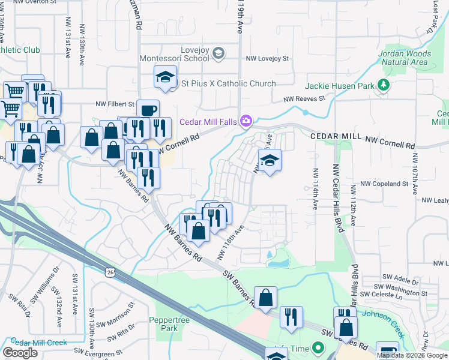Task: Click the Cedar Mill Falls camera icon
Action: point(246,121)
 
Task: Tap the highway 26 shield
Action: point(109,272)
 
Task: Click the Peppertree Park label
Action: point(164,324)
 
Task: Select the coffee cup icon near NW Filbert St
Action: point(148,110)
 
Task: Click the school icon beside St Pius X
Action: point(164,77)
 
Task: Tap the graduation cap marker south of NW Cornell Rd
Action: point(270,160)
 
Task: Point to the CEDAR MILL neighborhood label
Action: point(334,137)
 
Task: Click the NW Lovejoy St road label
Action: point(267,59)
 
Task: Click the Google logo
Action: point(20,352)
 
